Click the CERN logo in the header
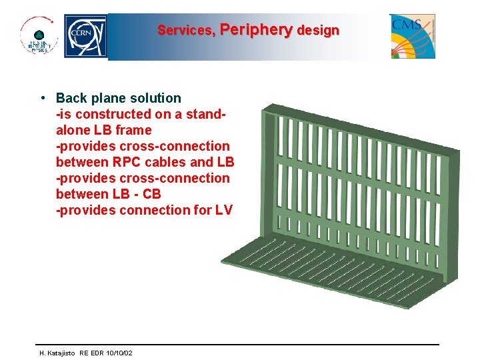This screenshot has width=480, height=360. coord(85,36)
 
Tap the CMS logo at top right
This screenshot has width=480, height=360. coord(413,36)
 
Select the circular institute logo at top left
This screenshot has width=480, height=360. coord(39,36)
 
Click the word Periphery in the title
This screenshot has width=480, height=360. coord(256,30)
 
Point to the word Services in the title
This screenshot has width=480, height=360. coord(186,31)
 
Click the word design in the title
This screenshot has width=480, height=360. coord(318,31)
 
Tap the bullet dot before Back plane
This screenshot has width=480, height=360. coord(43,98)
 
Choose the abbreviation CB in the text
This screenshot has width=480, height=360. coord(152,194)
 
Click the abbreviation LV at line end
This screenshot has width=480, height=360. coord(223,210)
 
